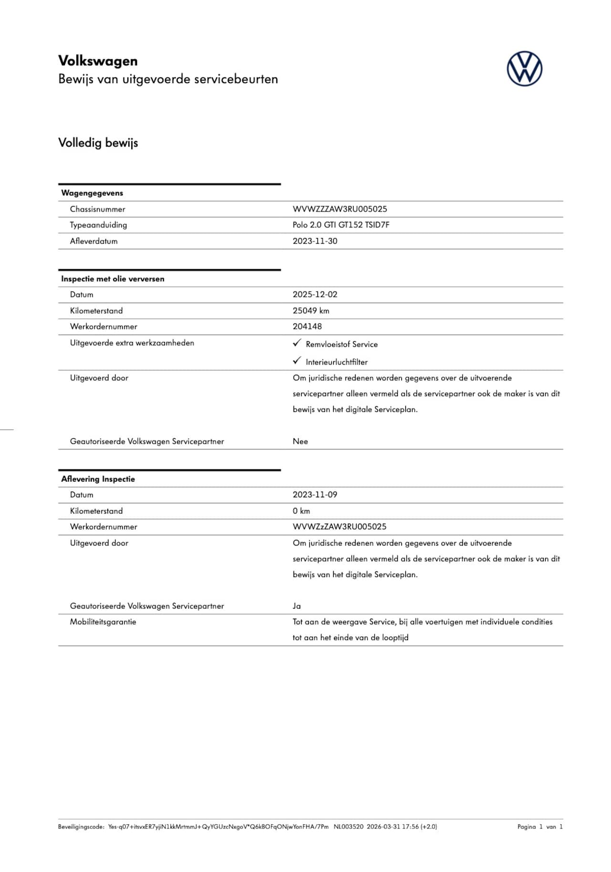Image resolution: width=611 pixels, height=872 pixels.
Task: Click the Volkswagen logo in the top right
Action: click(524, 69)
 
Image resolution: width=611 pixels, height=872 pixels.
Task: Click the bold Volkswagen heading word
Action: click(98, 61)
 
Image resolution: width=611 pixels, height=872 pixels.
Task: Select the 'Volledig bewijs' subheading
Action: click(98, 143)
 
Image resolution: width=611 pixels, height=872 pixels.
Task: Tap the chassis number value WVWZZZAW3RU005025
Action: click(339, 209)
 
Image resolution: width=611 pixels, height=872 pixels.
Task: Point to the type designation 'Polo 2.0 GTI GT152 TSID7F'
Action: click(341, 225)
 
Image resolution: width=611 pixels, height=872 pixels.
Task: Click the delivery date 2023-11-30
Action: click(315, 241)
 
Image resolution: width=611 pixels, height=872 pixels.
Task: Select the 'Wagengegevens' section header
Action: click(92, 193)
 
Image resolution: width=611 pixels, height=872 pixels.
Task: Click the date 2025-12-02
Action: click(315, 294)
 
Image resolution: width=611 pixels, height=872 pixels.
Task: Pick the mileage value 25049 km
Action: click(311, 311)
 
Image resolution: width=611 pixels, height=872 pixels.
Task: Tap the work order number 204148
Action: click(307, 326)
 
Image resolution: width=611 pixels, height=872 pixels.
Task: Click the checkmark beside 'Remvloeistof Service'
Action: click(297, 343)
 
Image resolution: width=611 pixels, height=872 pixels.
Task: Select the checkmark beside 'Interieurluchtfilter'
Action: click(297, 361)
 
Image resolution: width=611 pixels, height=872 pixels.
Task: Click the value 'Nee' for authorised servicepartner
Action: click(300, 441)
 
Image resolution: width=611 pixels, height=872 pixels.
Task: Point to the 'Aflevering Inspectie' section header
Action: click(98, 479)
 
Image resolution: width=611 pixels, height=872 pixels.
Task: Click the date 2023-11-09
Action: click(315, 495)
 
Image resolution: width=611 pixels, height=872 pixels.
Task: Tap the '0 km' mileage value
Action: click(301, 511)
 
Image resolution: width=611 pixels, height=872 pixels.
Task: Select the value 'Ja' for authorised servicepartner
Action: click(296, 606)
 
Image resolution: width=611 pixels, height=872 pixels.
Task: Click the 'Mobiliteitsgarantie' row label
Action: click(103, 622)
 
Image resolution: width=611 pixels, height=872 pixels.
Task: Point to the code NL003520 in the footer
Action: click(348, 827)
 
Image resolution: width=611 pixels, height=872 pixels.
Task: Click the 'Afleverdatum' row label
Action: click(94, 241)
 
